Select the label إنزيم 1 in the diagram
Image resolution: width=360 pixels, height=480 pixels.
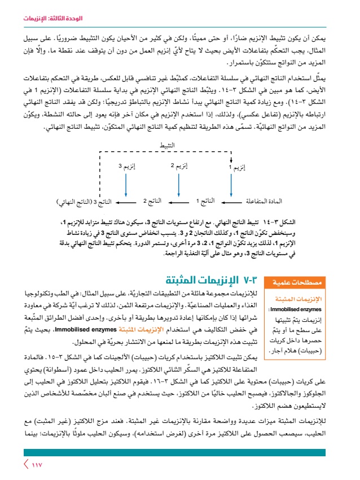(x=239, y=167)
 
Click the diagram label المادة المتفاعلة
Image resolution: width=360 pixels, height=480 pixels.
(x=265, y=201)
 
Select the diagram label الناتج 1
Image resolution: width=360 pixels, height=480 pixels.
(x=205, y=201)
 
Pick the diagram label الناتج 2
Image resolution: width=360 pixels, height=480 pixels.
(x=152, y=201)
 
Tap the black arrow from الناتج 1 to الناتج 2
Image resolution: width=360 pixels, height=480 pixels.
(x=178, y=201)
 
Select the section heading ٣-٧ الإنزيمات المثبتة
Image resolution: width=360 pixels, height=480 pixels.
(x=211, y=281)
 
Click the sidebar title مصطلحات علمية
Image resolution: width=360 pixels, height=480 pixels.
(x=289, y=282)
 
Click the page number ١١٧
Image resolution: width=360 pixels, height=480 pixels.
(x=36, y=465)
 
